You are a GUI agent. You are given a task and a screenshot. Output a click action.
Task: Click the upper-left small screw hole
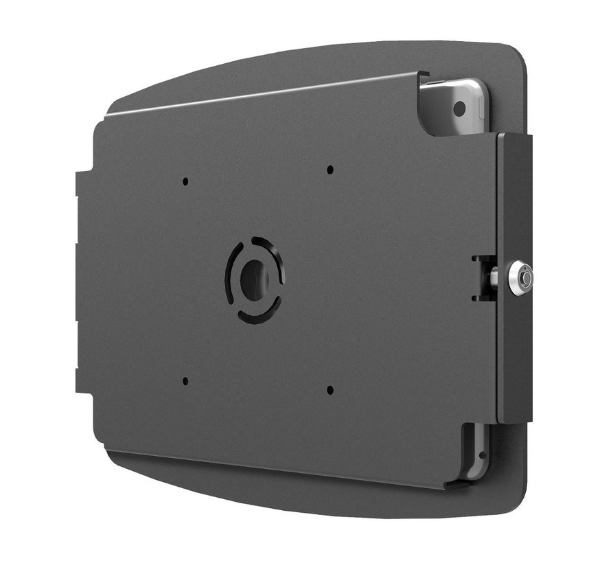pos(185,182)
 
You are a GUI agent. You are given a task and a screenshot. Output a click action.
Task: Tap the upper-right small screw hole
pos(330,170)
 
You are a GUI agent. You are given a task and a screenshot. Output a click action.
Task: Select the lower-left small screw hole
pos(185,380)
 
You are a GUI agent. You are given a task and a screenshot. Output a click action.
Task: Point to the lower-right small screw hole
pos(330,390)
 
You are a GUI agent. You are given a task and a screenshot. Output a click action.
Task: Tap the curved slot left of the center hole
pos(229,278)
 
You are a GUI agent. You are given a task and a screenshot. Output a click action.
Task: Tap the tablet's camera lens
pos(459,108)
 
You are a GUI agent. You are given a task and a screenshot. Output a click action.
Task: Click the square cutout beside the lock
pos(483,277)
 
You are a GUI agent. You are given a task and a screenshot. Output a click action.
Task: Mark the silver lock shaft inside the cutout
pos(495,278)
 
